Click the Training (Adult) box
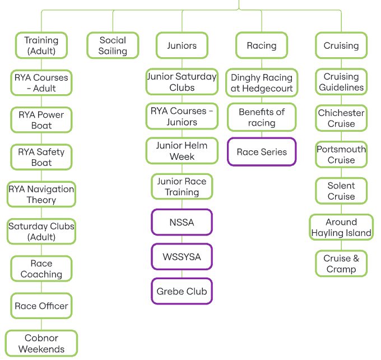[x=41, y=45]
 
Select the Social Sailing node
[x=113, y=45]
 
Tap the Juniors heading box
[x=182, y=45]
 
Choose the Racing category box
[x=262, y=45]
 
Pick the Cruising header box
[x=341, y=45]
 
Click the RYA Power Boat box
[x=41, y=120]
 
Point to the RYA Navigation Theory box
[x=41, y=195]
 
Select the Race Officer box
[x=41, y=306]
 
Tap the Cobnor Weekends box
[x=41, y=343]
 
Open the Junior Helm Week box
[x=182, y=151]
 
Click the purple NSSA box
[x=182, y=222]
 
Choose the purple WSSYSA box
[x=182, y=257]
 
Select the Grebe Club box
[x=182, y=292]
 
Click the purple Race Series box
[x=262, y=152]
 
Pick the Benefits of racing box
[x=262, y=117]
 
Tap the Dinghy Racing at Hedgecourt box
[x=262, y=83]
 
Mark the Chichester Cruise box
[x=341, y=118]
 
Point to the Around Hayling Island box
[x=341, y=227]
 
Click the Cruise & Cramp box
[x=341, y=264]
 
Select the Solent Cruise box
[x=341, y=191]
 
